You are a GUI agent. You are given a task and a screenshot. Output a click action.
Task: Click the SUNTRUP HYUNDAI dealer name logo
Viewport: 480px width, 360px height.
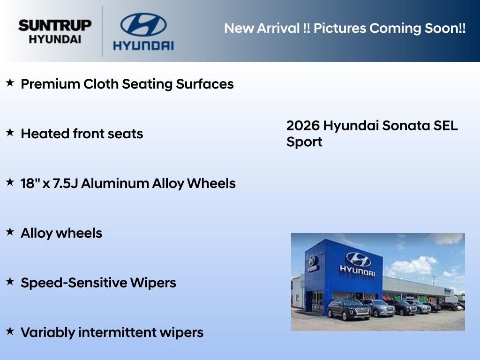(55, 31)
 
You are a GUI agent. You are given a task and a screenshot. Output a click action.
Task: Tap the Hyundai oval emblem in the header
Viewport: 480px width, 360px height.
(143, 25)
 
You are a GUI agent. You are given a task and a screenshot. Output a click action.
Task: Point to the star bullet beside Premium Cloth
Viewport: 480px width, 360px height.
(10, 83)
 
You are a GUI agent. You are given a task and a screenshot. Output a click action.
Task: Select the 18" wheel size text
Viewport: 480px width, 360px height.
(30, 183)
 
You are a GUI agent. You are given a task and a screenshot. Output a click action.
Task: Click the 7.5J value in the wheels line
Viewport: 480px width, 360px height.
(65, 183)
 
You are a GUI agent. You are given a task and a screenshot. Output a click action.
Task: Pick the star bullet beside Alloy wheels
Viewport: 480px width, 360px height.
(10, 232)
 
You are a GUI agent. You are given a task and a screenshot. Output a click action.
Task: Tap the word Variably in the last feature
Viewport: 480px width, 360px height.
(47, 333)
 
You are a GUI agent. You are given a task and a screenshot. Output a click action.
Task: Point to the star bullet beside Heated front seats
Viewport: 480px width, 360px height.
(10, 133)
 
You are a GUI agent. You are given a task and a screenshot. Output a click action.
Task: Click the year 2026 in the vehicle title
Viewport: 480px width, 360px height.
(303, 126)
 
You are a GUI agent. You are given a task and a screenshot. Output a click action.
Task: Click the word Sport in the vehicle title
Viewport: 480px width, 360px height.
(304, 142)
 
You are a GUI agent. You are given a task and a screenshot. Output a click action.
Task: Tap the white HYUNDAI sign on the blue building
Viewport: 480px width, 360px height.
(358, 270)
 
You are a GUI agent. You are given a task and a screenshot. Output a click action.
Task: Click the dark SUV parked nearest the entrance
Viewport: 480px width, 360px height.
(342, 309)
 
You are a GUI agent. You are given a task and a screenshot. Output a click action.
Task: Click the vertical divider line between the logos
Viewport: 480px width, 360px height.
(103, 31)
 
